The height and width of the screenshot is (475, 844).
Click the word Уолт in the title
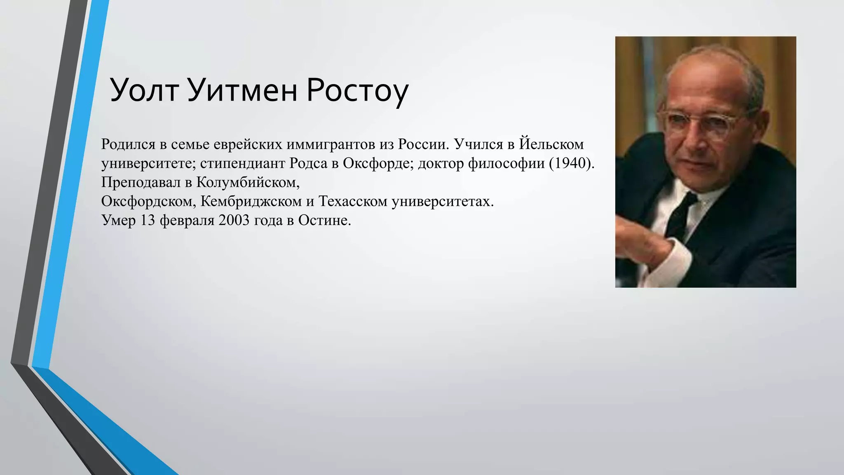click(144, 90)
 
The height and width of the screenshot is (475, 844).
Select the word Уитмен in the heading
click(241, 90)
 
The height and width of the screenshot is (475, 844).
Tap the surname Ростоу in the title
click(357, 91)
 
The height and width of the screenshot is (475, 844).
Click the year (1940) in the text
click(572, 163)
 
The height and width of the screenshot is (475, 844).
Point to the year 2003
click(234, 220)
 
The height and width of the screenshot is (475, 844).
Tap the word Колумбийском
click(248, 182)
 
